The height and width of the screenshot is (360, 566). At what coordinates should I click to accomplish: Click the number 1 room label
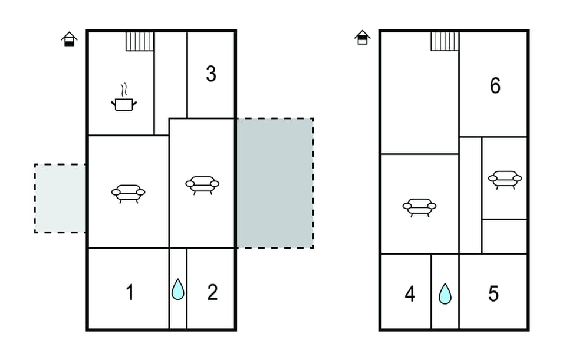[130, 292]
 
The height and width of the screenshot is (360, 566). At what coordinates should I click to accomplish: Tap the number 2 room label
[212, 292]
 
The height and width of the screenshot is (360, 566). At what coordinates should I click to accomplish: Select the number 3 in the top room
[210, 74]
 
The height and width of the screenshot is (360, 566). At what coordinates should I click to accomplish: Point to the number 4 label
[410, 293]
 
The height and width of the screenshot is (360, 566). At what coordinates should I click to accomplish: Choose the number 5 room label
[493, 293]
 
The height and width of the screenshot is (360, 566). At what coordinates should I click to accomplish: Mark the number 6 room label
[495, 86]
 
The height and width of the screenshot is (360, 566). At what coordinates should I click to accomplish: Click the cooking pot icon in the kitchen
[124, 104]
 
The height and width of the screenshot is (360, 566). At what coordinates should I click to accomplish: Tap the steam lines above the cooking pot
[123, 90]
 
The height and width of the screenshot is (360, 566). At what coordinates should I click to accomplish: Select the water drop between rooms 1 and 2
[177, 290]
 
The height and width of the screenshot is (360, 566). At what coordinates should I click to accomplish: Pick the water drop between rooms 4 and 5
[445, 293]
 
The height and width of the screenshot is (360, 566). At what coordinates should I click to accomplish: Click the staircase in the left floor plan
[140, 41]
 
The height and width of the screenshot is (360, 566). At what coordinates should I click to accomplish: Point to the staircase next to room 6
[445, 41]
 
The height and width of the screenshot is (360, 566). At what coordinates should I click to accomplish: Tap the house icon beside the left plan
[70, 39]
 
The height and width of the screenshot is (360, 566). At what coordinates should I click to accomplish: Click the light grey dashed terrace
[60, 198]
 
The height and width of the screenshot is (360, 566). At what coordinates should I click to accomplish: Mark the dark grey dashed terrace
[274, 183]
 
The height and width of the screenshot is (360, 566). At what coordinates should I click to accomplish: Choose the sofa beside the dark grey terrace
[202, 184]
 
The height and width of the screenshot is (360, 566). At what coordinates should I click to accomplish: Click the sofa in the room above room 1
[128, 193]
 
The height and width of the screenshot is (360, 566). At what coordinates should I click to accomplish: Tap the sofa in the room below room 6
[505, 179]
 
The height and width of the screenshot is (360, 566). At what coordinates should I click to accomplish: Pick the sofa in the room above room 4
[419, 207]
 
